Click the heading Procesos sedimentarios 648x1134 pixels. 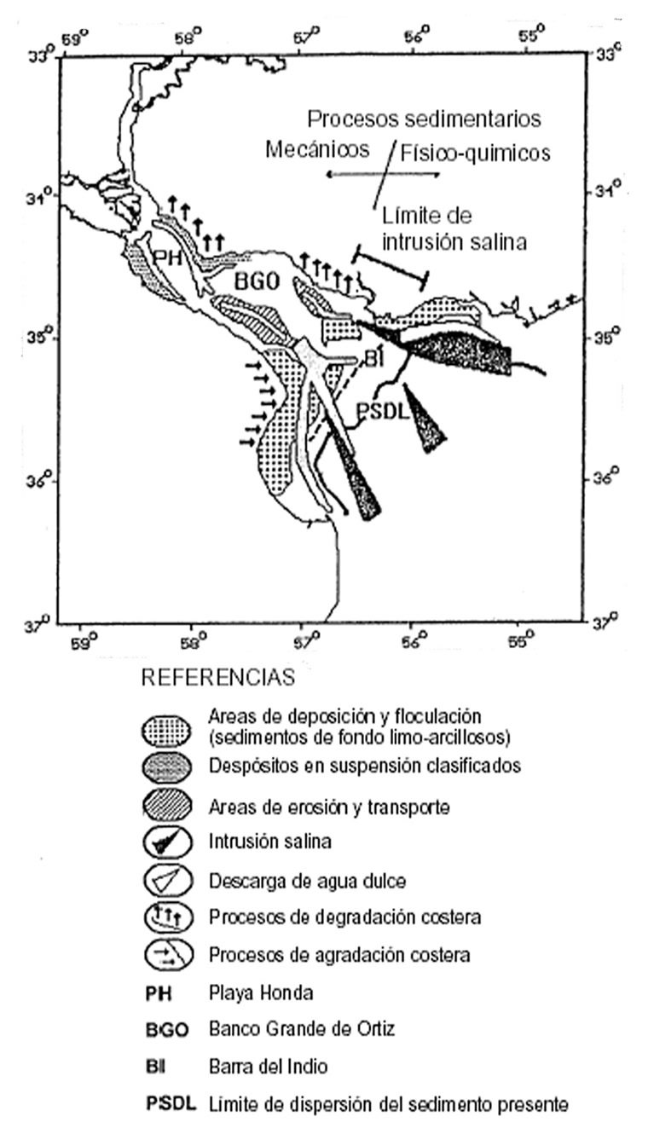click(424, 118)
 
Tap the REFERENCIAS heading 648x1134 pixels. click(217, 679)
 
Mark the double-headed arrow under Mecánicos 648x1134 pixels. click(383, 174)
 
